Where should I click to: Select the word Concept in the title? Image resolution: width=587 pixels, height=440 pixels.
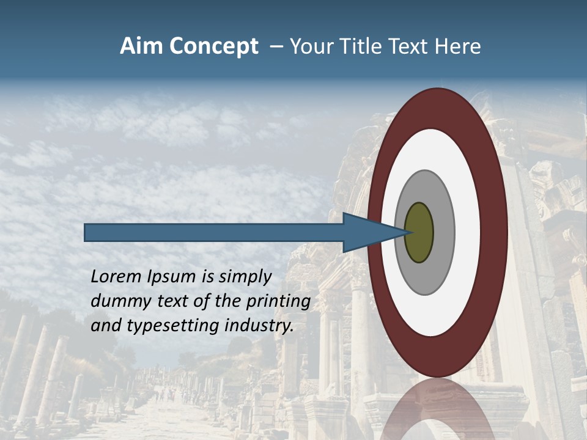pyautogui.click(x=213, y=46)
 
